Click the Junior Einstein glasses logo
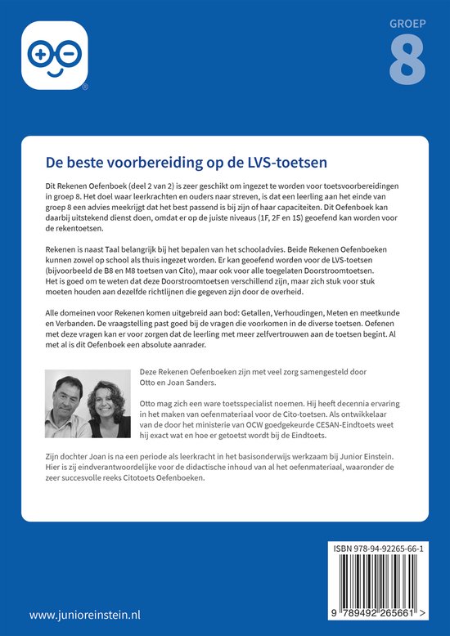click(x=54, y=55)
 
